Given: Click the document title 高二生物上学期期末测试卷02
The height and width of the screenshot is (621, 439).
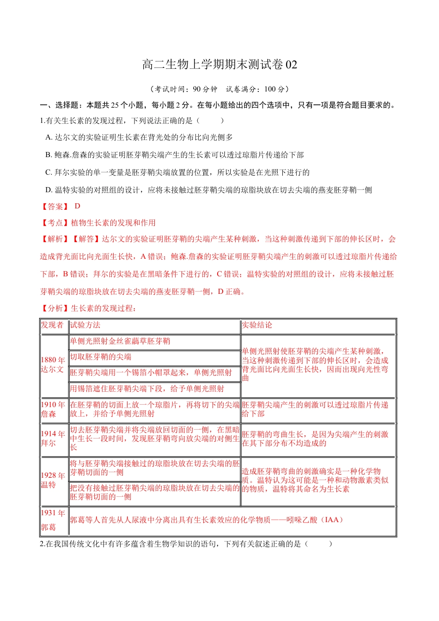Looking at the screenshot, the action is (219, 65).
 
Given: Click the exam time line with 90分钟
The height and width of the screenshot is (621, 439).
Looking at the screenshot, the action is (219, 89).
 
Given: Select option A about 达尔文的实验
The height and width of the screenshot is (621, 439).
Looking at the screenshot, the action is (139, 137).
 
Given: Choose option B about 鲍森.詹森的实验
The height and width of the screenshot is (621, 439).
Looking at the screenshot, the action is (175, 155).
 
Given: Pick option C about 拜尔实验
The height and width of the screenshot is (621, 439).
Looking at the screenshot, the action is (177, 172).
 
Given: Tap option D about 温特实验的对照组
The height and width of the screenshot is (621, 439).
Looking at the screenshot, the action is (208, 190).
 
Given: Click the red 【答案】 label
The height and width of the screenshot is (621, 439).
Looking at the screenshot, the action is (55, 207).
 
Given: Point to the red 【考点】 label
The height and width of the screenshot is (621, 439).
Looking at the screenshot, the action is (55, 223).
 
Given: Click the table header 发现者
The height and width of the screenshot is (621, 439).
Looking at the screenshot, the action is (53, 325).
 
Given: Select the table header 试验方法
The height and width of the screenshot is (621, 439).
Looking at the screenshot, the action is (85, 325).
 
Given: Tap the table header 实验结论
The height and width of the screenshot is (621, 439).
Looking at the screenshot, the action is (257, 325).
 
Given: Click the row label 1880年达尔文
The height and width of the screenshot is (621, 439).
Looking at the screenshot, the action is (53, 365).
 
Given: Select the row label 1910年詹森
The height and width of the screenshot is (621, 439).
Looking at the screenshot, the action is (53, 409).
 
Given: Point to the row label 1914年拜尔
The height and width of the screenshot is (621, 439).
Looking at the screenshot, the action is (53, 438).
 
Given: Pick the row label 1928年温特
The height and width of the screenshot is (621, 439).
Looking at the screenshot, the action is (53, 480).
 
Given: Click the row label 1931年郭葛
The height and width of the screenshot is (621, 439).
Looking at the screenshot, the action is (53, 520).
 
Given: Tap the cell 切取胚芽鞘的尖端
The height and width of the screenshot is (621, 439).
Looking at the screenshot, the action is (101, 357).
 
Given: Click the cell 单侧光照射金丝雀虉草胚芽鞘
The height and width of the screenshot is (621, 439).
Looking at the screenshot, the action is (120, 341).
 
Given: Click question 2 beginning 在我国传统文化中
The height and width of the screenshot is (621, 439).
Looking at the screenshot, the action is (185, 544).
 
